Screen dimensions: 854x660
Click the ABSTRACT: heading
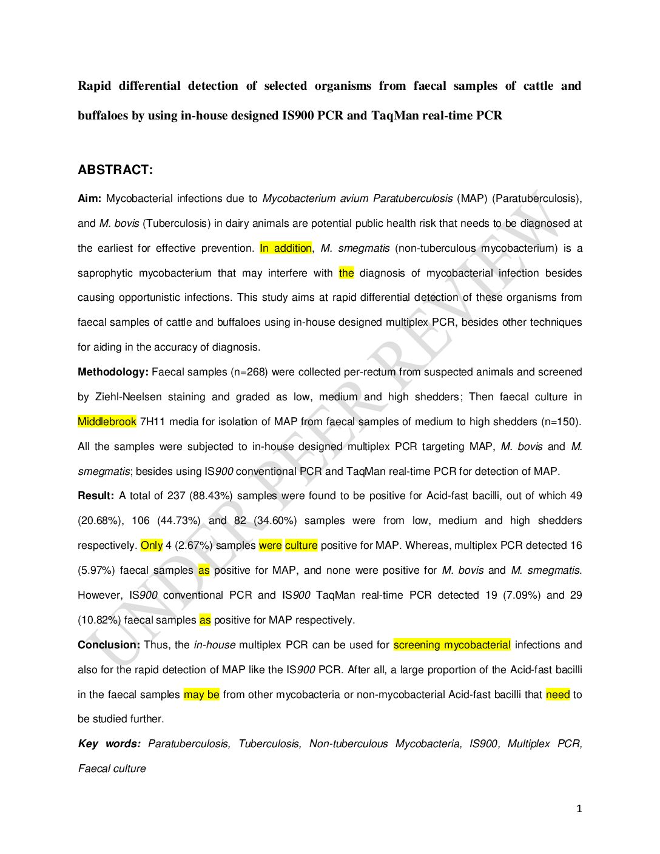pyautogui.click(x=115, y=170)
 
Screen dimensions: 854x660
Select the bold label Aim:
pyautogui.click(x=89, y=198)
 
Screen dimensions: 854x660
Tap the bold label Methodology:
pyautogui.click(x=113, y=372)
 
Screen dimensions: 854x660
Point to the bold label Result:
pyautogui.click(x=95, y=496)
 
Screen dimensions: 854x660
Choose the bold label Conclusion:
pyautogui.click(x=109, y=645)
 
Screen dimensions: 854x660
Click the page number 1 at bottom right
pyautogui.click(x=579, y=809)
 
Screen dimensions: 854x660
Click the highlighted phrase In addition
pyautogui.click(x=285, y=248)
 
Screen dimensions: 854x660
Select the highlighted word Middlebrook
pyautogui.click(x=107, y=422)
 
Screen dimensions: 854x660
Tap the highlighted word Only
pyautogui.click(x=151, y=545)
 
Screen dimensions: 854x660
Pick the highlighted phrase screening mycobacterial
pyautogui.click(x=452, y=645)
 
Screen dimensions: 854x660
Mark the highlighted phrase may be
pyautogui.click(x=201, y=694)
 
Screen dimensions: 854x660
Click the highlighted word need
pyautogui.click(x=557, y=694)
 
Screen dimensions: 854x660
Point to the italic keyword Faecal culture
pyautogui.click(x=112, y=768)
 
